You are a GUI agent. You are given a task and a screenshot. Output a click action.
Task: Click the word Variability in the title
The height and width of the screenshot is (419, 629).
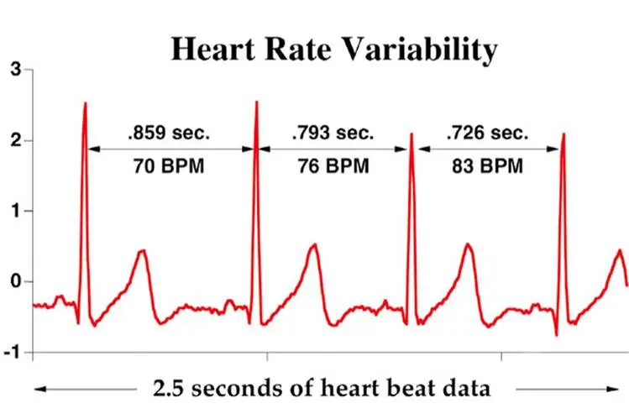(x=420, y=50)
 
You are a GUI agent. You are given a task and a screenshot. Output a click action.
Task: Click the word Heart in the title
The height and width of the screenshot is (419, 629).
(x=213, y=49)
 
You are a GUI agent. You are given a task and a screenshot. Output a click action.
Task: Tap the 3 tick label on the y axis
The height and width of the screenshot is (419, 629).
(x=16, y=70)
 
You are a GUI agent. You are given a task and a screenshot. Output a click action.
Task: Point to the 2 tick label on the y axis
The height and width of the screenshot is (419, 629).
(x=16, y=140)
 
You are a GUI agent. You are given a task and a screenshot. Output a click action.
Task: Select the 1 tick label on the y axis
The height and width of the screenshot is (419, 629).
(x=17, y=211)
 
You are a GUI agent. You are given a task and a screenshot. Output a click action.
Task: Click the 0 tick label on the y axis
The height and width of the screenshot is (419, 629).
(x=16, y=281)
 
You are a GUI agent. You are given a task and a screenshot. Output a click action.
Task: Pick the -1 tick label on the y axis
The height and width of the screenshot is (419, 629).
(x=13, y=353)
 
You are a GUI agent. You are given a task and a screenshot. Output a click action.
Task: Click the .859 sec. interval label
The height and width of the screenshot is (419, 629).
(x=169, y=133)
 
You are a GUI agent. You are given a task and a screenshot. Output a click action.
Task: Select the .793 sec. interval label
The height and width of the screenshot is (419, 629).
(x=333, y=133)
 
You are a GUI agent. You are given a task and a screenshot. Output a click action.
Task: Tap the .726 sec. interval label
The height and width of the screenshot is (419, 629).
(x=487, y=133)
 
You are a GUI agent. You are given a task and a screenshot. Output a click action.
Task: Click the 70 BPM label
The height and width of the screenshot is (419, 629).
(x=169, y=166)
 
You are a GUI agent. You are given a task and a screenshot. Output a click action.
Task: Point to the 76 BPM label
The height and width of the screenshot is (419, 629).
(x=333, y=166)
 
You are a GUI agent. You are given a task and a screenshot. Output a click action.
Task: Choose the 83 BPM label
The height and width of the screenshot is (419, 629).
(x=487, y=166)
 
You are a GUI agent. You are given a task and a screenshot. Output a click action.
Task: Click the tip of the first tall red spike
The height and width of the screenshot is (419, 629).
(x=86, y=102)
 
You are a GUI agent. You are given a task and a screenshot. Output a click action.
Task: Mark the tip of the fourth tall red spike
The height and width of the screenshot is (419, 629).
(x=563, y=134)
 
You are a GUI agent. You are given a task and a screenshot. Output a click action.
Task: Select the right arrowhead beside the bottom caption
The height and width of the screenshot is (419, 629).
(x=612, y=389)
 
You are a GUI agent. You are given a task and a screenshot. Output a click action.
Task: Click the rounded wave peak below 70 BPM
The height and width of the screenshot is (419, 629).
(x=142, y=250)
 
